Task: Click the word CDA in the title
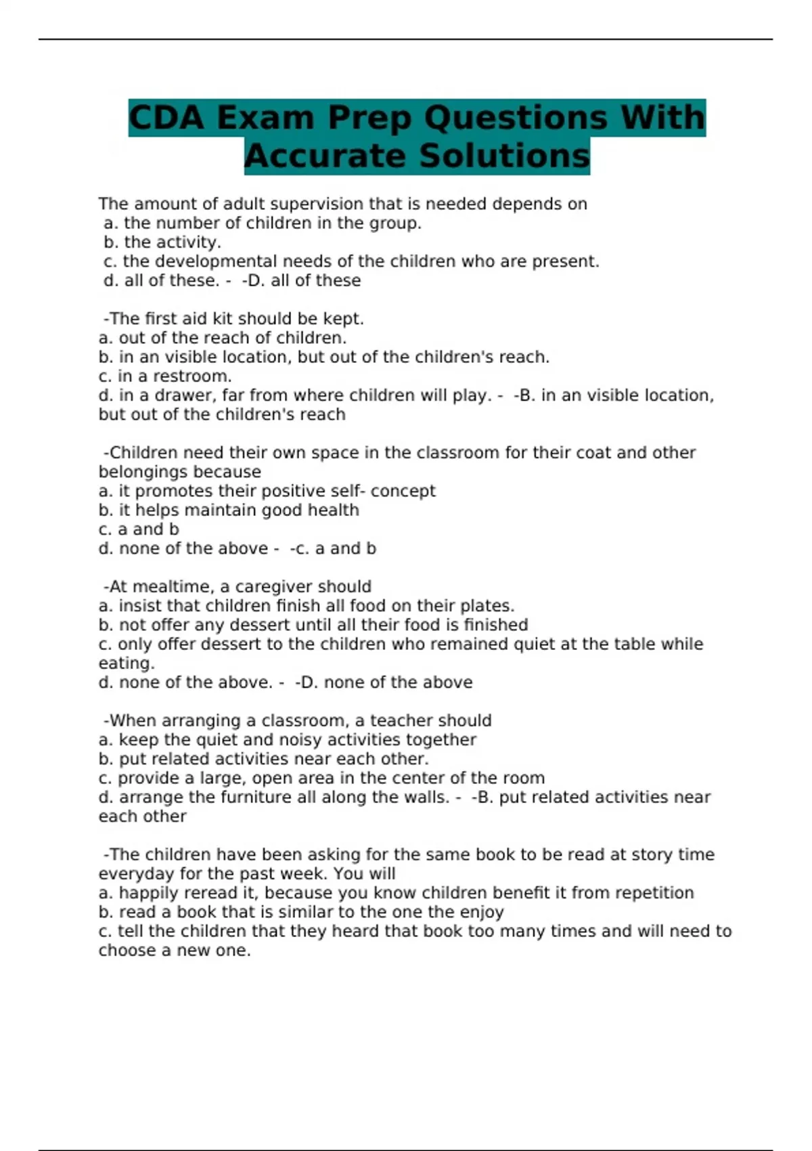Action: (x=166, y=118)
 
